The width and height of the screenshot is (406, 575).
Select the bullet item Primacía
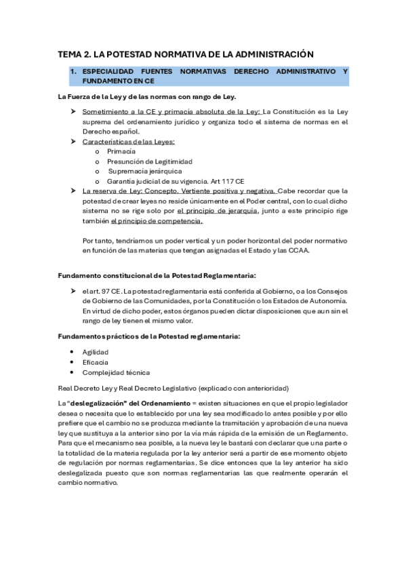[121, 151]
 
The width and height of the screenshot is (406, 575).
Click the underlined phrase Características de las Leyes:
[129, 141]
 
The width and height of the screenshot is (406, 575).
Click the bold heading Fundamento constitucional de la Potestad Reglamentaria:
[157, 275]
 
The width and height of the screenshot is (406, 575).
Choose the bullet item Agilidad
[96, 352]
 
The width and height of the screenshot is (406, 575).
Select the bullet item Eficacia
[95, 362]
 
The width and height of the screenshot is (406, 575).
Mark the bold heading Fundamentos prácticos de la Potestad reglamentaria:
[148, 336]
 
